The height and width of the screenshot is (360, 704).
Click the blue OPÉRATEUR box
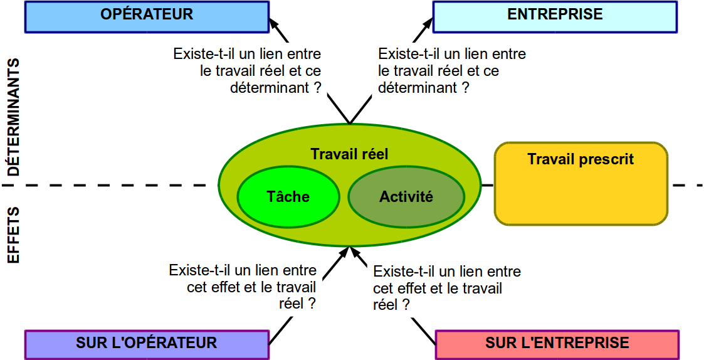tap(147, 17)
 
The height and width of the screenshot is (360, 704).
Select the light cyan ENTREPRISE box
tap(555, 17)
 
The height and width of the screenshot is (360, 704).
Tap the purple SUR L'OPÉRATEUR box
tap(147, 345)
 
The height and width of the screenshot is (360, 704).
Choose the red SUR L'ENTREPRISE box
tap(557, 345)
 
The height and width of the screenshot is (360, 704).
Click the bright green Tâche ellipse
tap(288, 197)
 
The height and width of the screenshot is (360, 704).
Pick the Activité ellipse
tap(406, 197)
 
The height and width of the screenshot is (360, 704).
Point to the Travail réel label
tap(349, 154)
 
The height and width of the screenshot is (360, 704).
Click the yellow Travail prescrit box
tap(581, 183)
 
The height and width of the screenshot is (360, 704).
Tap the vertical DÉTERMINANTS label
tap(13, 117)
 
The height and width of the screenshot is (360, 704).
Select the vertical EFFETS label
tap(13, 235)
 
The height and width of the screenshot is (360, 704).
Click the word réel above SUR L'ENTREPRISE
tap(385, 305)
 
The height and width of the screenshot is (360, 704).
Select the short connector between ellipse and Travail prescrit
tap(488, 185)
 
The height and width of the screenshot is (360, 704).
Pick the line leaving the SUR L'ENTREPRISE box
tap(424, 331)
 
